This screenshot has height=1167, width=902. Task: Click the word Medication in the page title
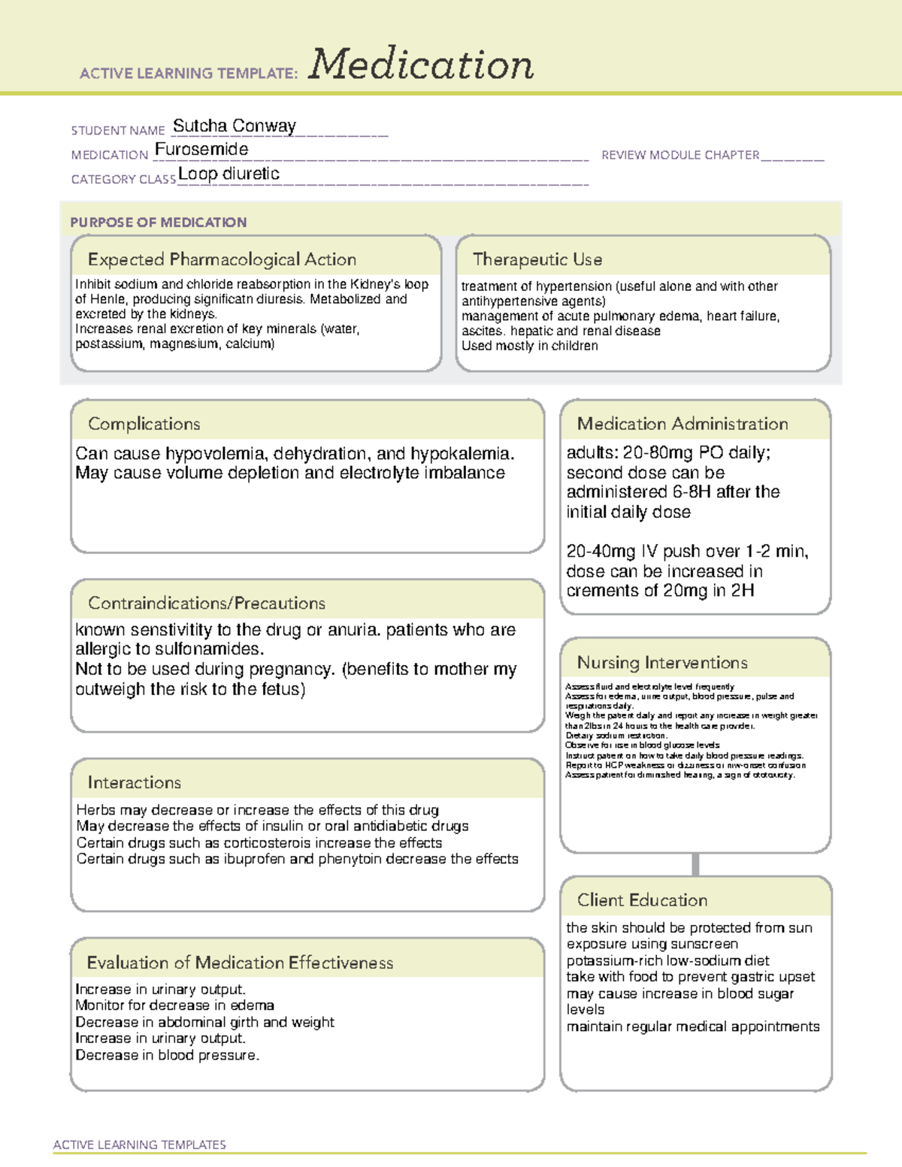click(421, 65)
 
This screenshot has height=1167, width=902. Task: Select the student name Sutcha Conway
click(235, 125)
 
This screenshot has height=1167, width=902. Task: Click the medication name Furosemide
click(201, 150)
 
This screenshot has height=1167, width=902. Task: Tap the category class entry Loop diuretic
click(229, 174)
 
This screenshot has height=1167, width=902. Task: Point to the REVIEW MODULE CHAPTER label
click(680, 155)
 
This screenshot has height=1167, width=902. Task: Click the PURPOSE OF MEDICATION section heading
click(159, 222)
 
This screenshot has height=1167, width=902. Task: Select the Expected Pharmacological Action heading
click(222, 259)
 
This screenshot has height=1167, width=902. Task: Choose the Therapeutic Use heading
click(537, 259)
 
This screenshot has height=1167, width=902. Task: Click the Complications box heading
click(144, 424)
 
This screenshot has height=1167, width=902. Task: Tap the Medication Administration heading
click(682, 424)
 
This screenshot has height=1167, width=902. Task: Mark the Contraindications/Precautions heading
click(206, 603)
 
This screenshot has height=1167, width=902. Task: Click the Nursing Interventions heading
click(661, 662)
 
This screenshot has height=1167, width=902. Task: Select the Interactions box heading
click(134, 782)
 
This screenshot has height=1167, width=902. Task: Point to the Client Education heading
click(642, 899)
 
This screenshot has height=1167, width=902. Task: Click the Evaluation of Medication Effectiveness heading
click(240, 963)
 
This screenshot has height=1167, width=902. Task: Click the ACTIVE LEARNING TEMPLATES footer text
click(140, 1144)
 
